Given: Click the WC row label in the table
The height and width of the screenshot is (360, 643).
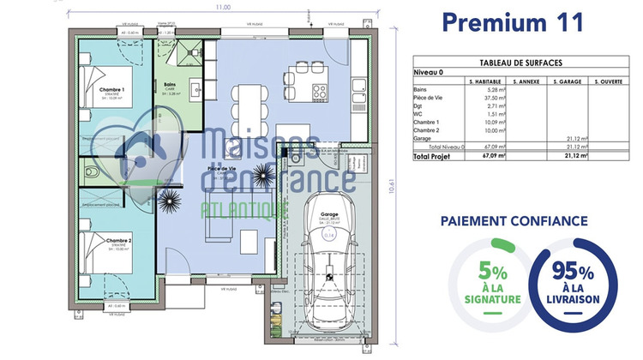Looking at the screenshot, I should click(x=418, y=113).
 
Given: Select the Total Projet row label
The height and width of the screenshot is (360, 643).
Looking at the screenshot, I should click(x=432, y=157).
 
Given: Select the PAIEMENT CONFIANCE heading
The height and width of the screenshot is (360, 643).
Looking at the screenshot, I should click(x=514, y=221).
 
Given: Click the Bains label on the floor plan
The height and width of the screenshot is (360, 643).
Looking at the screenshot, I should click(x=170, y=84).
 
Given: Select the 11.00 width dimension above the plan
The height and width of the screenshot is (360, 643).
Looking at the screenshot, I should click(x=223, y=7).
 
